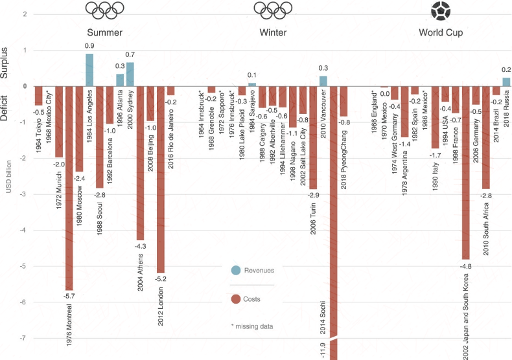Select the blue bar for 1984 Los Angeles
coord(89,70)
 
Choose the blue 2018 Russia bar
coord(506,82)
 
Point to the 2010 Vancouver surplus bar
coord(323,81)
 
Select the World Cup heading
coord(441,32)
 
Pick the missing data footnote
coord(252,326)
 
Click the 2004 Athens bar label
coord(141,271)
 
